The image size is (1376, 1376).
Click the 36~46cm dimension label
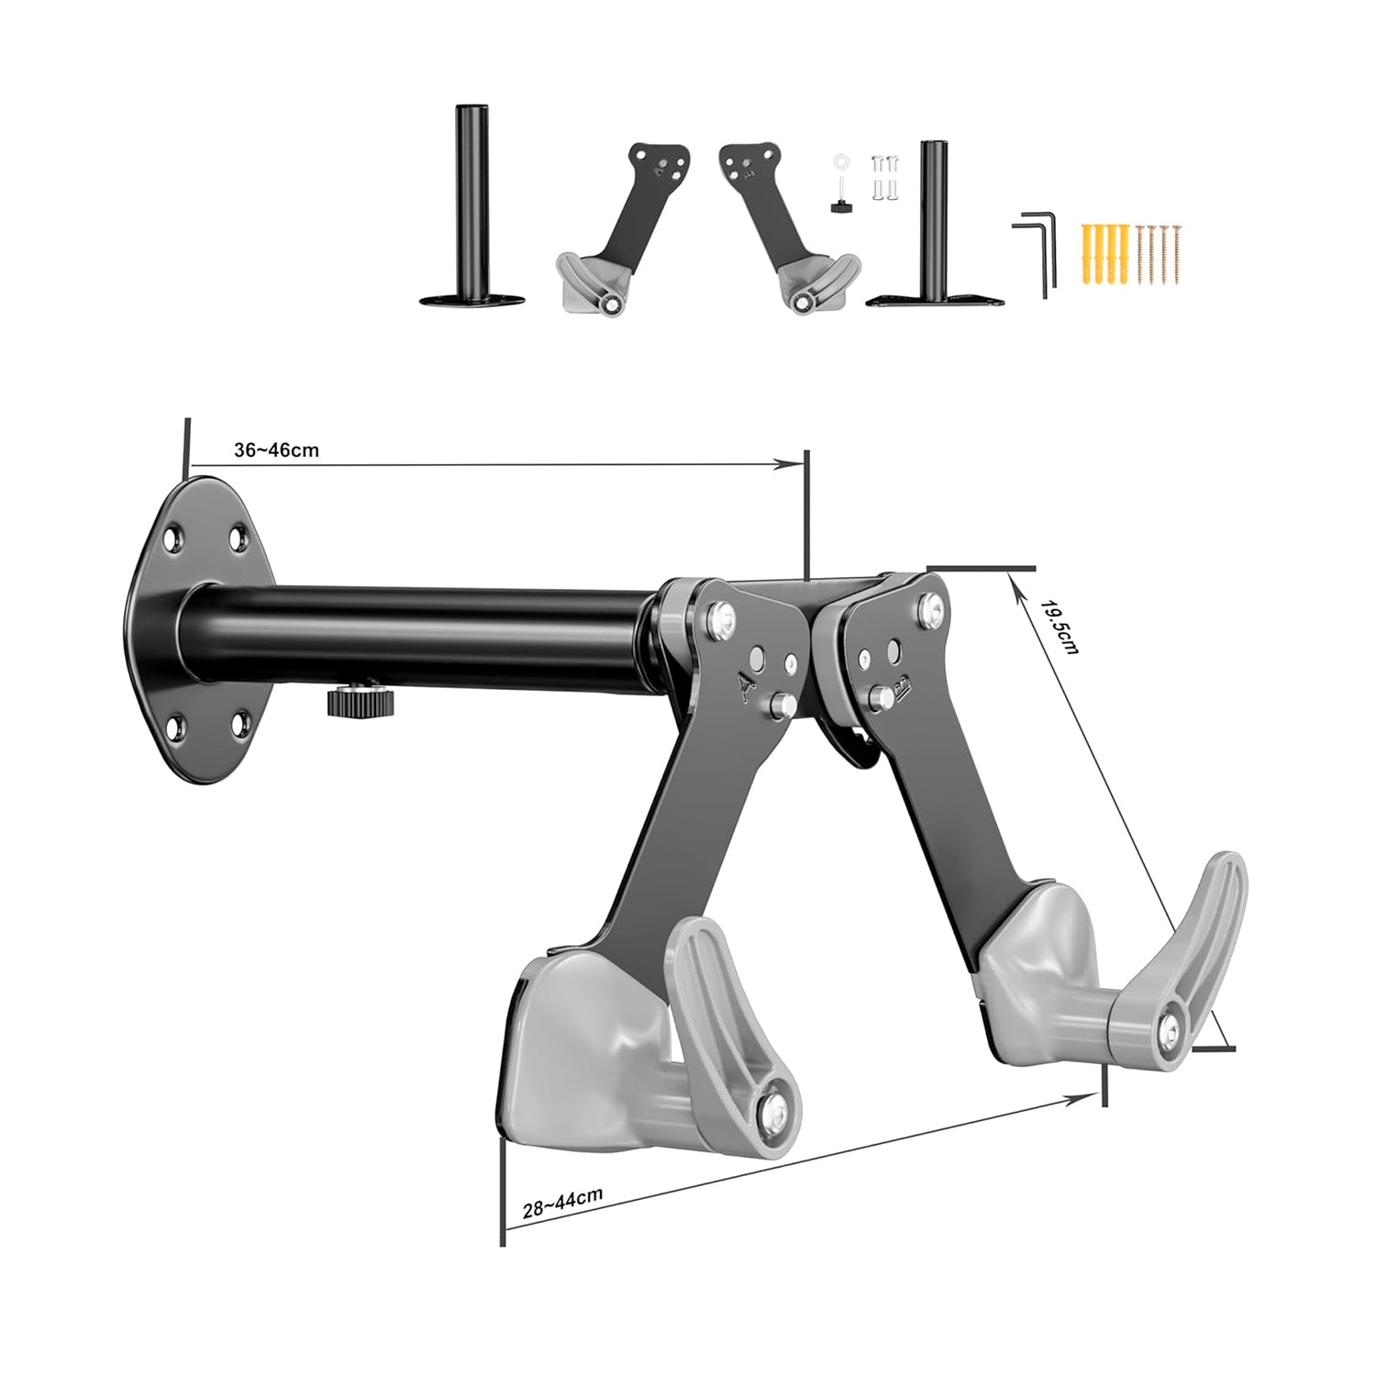click(x=277, y=449)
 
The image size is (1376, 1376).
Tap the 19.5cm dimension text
click(x=1061, y=627)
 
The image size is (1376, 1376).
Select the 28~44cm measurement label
click(x=562, y=1203)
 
